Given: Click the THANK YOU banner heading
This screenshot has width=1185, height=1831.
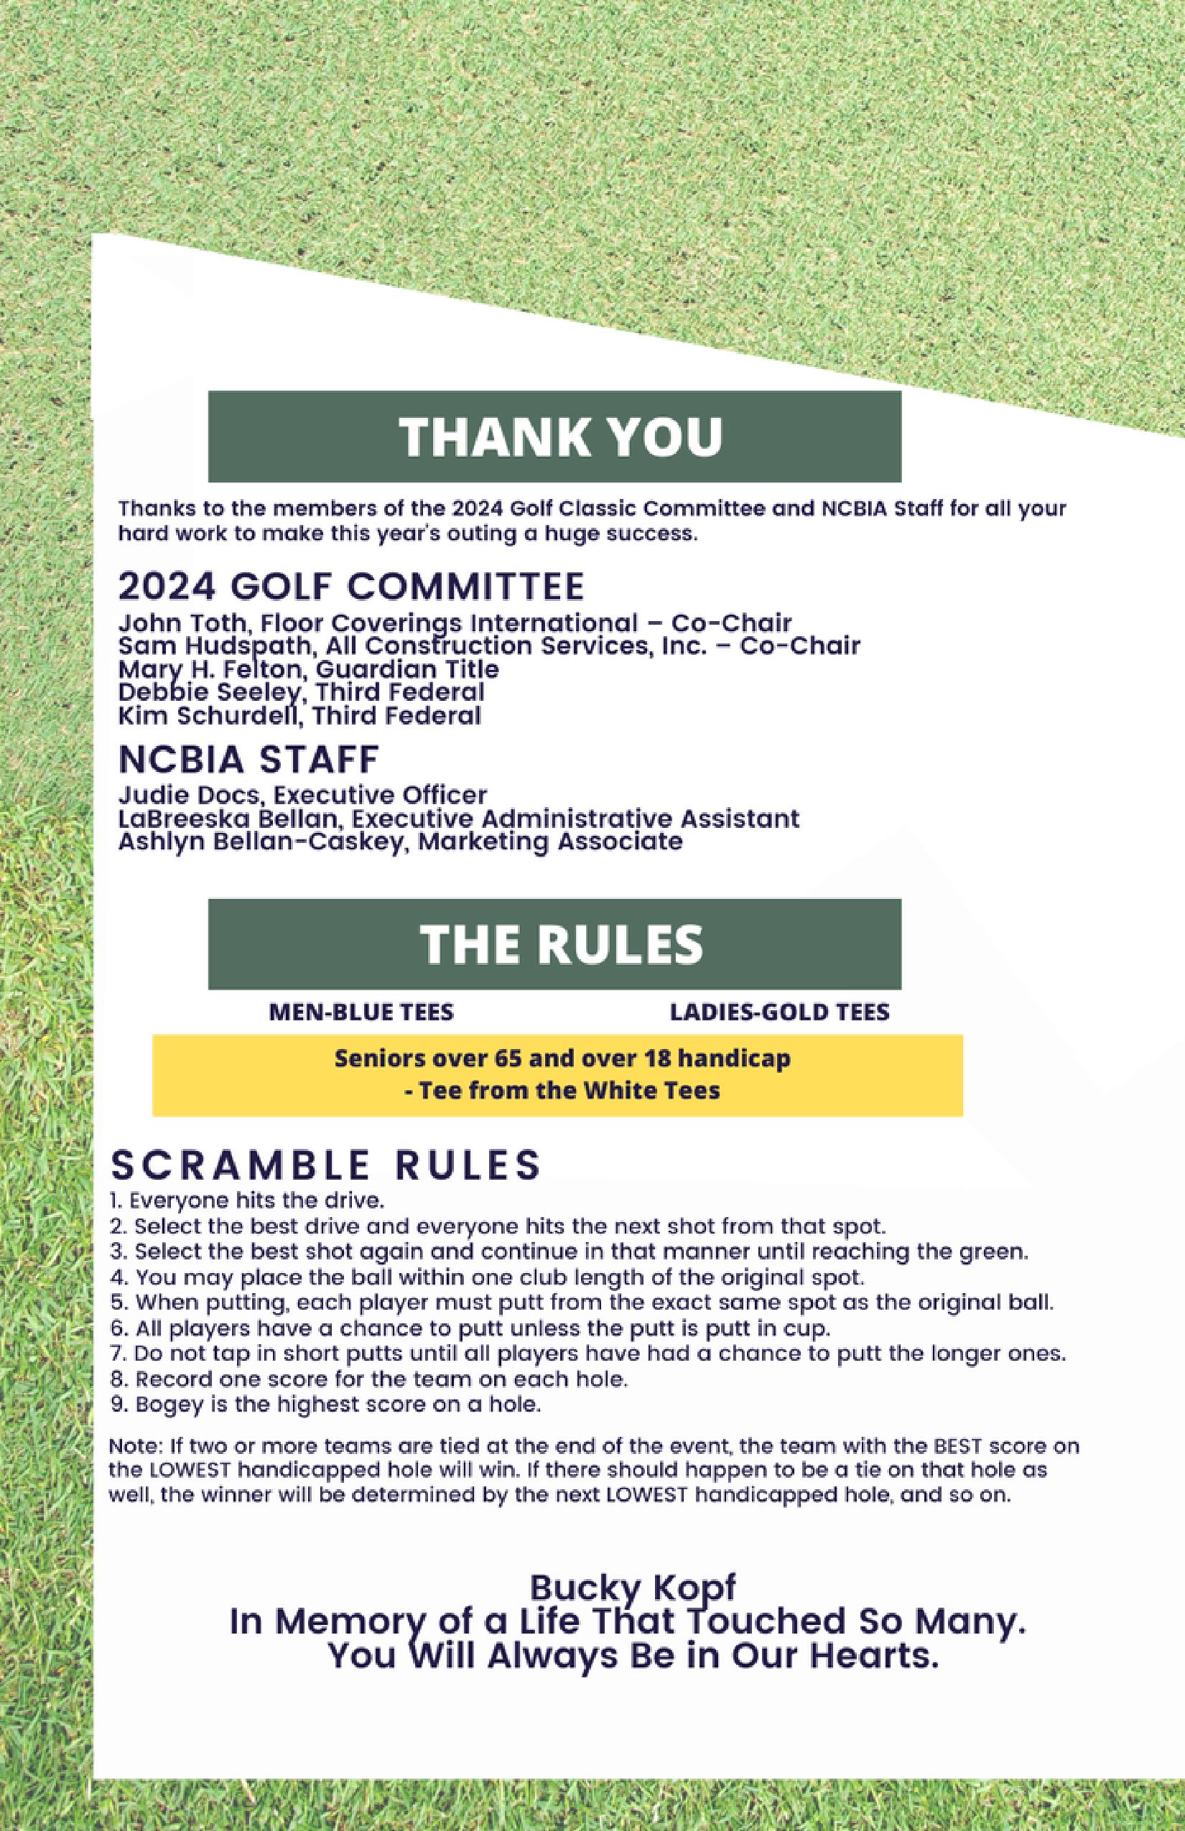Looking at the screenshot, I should click(x=561, y=437).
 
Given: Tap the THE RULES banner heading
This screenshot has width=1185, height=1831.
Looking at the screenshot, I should click(x=561, y=944).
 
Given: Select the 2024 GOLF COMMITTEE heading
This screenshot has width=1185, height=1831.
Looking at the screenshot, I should click(x=351, y=587).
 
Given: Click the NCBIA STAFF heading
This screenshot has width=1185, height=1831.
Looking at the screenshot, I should click(x=248, y=760).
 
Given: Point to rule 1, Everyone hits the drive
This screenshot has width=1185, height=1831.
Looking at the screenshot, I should click(x=247, y=1200).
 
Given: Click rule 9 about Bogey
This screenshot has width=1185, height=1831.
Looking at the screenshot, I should click(x=326, y=1404).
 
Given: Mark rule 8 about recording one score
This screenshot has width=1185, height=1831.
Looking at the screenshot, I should click(x=369, y=1379).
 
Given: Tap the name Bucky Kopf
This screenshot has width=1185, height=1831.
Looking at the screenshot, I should click(x=633, y=1586).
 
